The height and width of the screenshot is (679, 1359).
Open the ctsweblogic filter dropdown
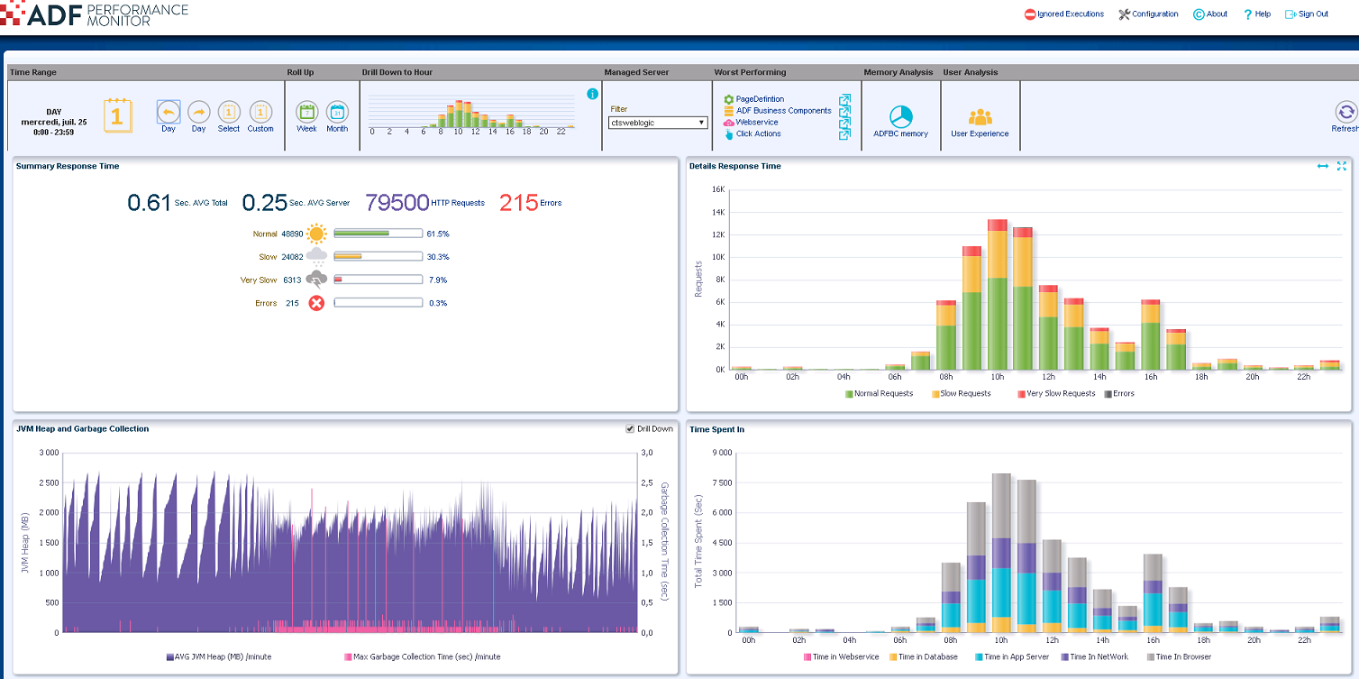click(x=658, y=123)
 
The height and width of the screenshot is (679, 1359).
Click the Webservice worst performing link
click(x=756, y=122)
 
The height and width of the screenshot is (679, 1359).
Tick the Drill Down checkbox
click(x=630, y=429)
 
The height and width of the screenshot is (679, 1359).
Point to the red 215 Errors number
click(x=518, y=202)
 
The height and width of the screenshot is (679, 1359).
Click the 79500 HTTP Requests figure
click(x=397, y=202)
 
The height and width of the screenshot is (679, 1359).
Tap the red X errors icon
click(x=316, y=303)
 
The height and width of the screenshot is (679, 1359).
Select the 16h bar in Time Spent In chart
click(x=1152, y=595)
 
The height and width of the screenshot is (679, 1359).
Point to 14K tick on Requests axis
click(x=718, y=213)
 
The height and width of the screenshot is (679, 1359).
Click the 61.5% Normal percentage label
click(x=438, y=234)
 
